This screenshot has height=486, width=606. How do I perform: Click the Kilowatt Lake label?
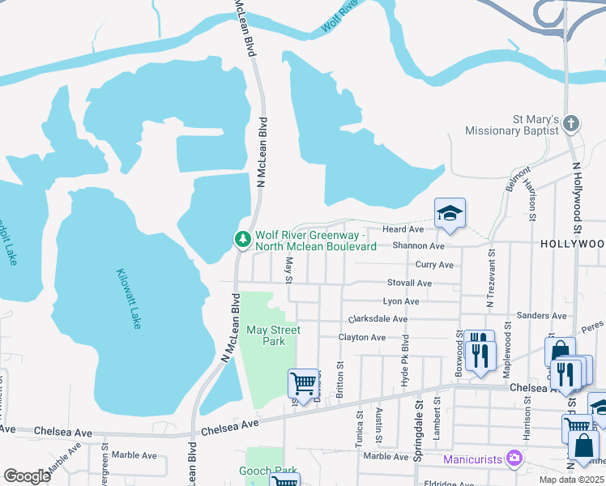tap(129, 298)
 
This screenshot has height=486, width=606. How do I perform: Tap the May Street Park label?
tap(273, 335)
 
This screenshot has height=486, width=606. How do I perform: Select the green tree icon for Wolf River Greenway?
tap(241, 239)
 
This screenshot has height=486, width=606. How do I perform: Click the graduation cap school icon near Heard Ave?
tap(450, 213)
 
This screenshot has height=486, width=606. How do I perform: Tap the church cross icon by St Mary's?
tap(571, 124)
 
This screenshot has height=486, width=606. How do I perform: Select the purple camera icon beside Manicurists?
tap(513, 459)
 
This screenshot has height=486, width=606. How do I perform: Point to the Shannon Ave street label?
tap(419, 245)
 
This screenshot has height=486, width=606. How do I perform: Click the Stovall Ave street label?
tap(409, 283)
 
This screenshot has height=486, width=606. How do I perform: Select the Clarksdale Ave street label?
tap(378, 319)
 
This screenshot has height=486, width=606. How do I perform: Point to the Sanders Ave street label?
tap(542, 315)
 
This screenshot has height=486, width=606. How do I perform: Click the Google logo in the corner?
tap(28, 476)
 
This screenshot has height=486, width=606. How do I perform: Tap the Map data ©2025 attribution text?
tap(572, 480)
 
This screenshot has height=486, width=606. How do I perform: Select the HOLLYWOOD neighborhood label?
tap(572, 243)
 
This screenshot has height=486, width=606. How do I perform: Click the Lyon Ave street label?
tap(401, 301)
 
